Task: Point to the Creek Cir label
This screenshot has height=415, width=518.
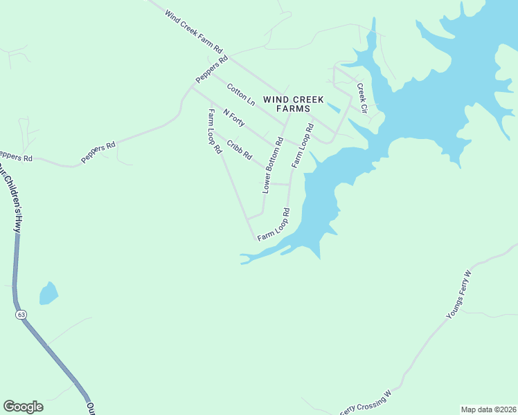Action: coord(361,98)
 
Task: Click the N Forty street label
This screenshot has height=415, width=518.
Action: coord(233,117)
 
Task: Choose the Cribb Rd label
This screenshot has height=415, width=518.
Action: coord(240,150)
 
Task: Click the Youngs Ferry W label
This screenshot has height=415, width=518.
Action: coord(458,295)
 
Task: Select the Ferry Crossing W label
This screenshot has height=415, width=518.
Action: coord(365,403)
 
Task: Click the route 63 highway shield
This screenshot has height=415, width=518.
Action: coord(21,315)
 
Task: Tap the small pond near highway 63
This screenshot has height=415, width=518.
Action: coord(48,293)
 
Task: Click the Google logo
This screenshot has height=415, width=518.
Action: coord(23,407)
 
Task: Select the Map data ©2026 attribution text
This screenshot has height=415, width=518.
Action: coord(488,409)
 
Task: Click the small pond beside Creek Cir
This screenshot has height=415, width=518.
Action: coord(333,107)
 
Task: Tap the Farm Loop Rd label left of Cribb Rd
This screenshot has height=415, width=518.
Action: coord(214,131)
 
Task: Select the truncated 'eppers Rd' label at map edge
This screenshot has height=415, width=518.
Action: coord(15,158)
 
